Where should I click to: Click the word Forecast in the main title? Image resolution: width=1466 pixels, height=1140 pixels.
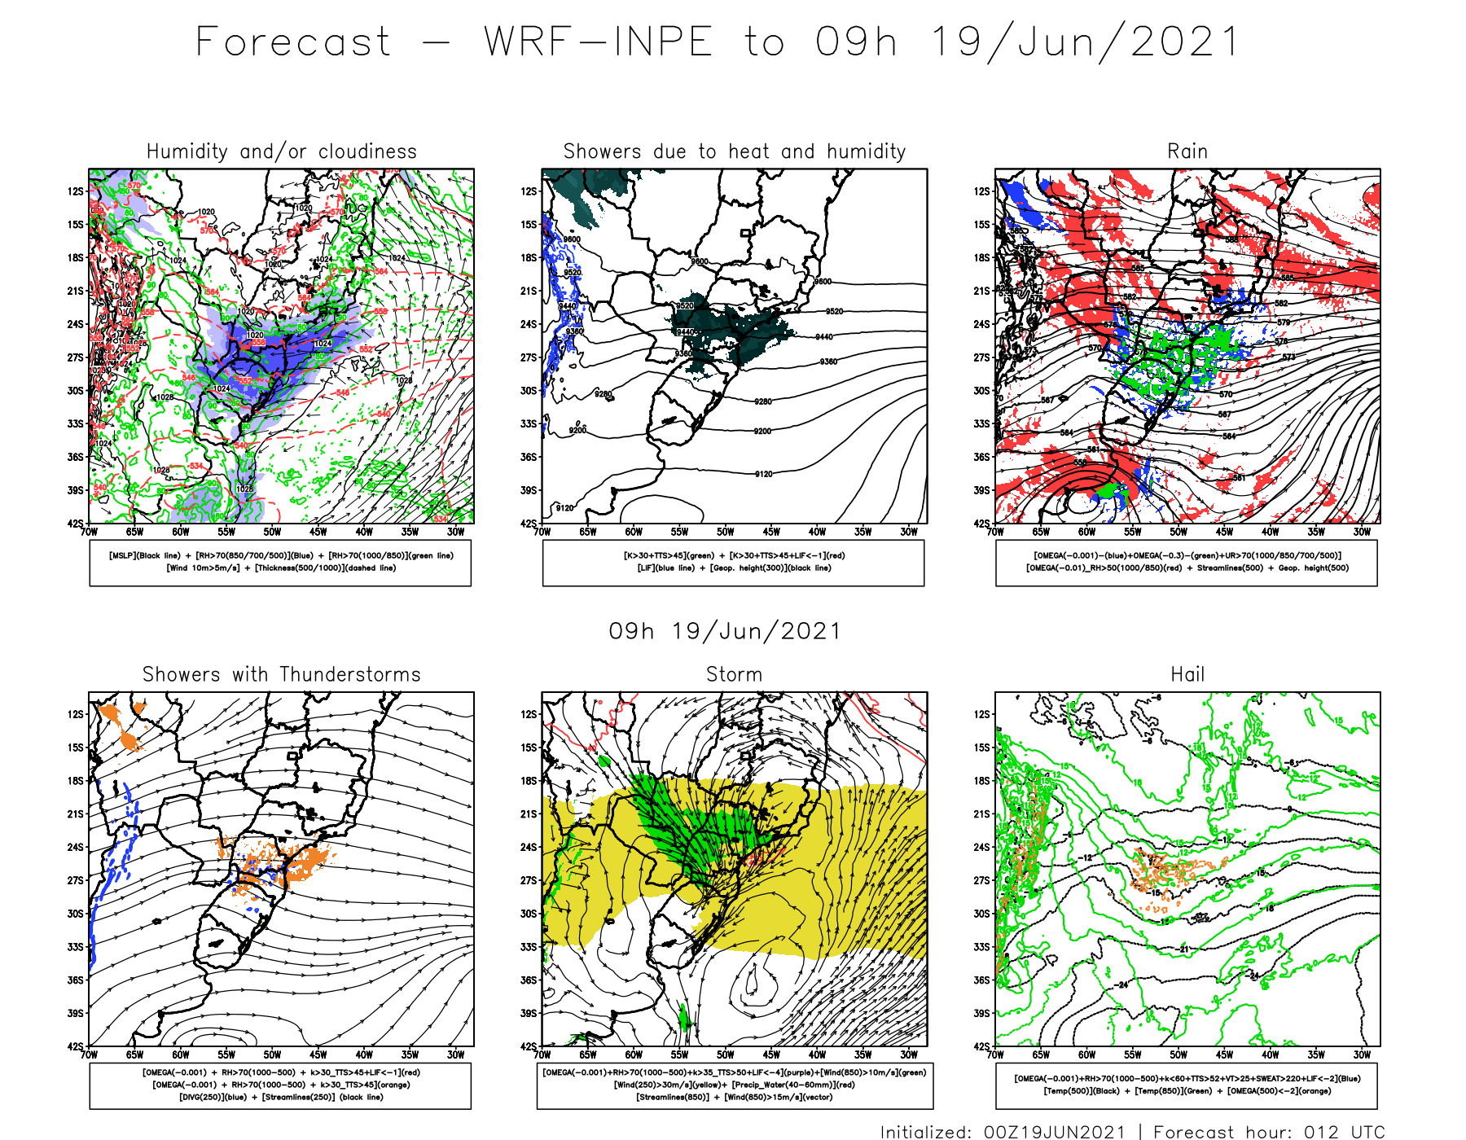coord(294,42)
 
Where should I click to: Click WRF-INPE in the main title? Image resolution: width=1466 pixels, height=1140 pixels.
coord(599,42)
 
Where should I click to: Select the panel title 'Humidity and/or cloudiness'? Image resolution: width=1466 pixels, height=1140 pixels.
coord(281,151)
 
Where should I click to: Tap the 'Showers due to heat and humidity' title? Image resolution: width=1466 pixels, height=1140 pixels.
coord(735,151)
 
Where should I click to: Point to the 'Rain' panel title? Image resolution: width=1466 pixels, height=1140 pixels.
coord(1187,151)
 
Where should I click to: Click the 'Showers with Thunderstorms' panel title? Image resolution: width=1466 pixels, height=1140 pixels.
coord(281,675)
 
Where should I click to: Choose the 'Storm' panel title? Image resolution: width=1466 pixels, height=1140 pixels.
coord(735,675)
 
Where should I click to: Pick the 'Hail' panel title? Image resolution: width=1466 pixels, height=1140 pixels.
coord(1187,675)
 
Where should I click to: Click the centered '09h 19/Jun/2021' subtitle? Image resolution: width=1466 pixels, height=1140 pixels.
coord(724,631)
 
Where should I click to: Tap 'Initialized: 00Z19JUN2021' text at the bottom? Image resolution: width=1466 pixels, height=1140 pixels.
coord(1003,1132)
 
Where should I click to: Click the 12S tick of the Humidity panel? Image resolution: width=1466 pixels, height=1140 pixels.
coord(76,191)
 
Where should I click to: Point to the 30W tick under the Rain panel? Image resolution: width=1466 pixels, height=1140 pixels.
coord(1362,533)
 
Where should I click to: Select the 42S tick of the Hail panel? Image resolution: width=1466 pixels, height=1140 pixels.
coord(983,1047)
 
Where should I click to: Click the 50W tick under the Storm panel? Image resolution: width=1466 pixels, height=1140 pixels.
coord(725,1055)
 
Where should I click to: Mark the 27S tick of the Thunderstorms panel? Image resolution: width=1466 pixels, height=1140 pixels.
coord(76,880)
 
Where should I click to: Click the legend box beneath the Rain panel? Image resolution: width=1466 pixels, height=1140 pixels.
coord(1187,562)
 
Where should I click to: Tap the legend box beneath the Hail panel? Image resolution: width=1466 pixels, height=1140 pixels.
coord(1187,1085)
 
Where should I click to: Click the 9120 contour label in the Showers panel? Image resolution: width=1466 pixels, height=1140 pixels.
coord(763,474)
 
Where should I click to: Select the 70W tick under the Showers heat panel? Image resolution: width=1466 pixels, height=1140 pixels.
coord(542,533)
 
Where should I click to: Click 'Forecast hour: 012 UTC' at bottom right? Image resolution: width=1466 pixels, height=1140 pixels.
coord(1268,1132)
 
